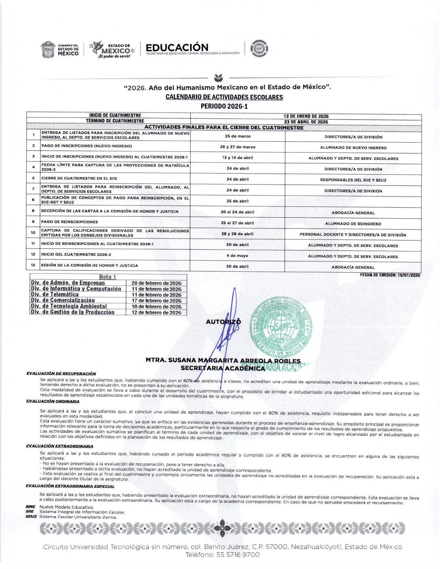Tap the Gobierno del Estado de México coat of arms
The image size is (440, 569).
(48, 50)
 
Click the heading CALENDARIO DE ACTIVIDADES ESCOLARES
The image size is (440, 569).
(224, 97)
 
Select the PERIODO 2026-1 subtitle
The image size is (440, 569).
(224, 106)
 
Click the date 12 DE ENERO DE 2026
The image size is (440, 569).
(306, 116)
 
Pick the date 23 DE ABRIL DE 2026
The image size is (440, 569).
(306, 122)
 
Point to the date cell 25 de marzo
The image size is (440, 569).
(237, 136)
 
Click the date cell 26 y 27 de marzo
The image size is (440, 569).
(237, 147)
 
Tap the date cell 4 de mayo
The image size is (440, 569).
(237, 256)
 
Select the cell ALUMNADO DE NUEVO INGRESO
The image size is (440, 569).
(353, 148)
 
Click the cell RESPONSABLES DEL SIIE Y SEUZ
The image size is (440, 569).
(353, 180)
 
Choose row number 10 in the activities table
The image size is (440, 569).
(33, 233)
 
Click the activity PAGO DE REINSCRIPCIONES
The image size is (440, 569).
(69, 222)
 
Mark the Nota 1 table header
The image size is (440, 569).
(108, 277)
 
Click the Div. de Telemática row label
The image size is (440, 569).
(55, 295)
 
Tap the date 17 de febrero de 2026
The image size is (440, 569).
(156, 301)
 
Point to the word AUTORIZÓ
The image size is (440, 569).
(223, 322)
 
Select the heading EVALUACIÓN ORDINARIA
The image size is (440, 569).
(53, 401)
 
